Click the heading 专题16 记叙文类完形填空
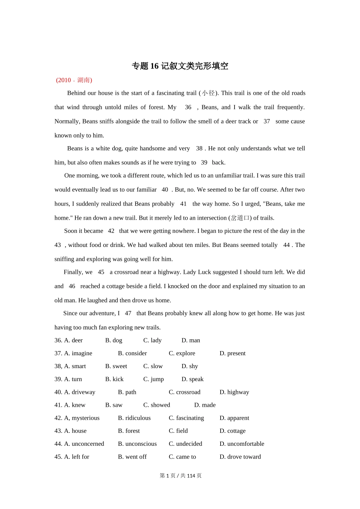tap(180, 66)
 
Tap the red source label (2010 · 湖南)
tap(74, 80)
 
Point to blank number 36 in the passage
tap(188, 107)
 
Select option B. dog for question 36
tap(114, 340)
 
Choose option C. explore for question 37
tap(182, 353)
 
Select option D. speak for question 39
tap(193, 379)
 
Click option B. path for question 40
tap(127, 392)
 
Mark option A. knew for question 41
tap(75, 405)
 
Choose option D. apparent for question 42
tap(234, 418)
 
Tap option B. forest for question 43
tap(129, 431)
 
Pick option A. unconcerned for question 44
tap(84, 443)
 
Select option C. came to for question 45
tap(182, 456)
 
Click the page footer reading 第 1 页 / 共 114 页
tap(180, 475)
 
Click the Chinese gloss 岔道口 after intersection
tap(240, 218)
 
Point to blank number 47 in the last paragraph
tap(128, 313)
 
